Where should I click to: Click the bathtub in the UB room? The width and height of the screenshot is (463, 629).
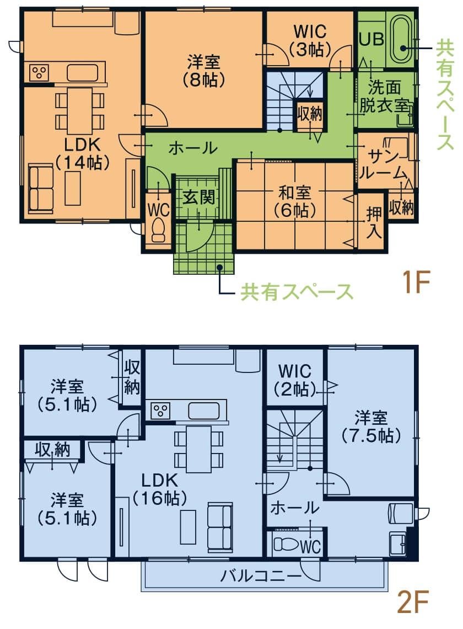point(402,39)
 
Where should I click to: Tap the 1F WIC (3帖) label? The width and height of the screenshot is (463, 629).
point(310,40)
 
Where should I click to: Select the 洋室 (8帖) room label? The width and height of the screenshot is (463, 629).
point(203,71)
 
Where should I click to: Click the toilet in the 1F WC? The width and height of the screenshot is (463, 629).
point(158,230)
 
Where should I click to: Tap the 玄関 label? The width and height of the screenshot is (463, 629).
point(199,198)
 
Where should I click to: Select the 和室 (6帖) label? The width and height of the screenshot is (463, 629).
point(295,201)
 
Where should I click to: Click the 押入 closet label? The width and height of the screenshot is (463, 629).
point(374,223)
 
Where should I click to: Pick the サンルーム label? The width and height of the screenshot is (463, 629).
point(384,165)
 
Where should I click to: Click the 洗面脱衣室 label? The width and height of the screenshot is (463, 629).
point(384,96)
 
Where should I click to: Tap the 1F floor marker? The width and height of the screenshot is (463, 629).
point(416,282)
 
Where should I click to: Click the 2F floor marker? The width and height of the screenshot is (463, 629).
point(413,602)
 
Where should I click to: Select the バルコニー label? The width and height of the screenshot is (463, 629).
point(261,575)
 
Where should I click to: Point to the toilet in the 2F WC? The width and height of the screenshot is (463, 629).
point(287,545)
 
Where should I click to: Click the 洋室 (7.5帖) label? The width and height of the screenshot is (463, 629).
point(371,427)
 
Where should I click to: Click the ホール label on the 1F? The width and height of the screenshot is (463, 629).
point(193,148)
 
